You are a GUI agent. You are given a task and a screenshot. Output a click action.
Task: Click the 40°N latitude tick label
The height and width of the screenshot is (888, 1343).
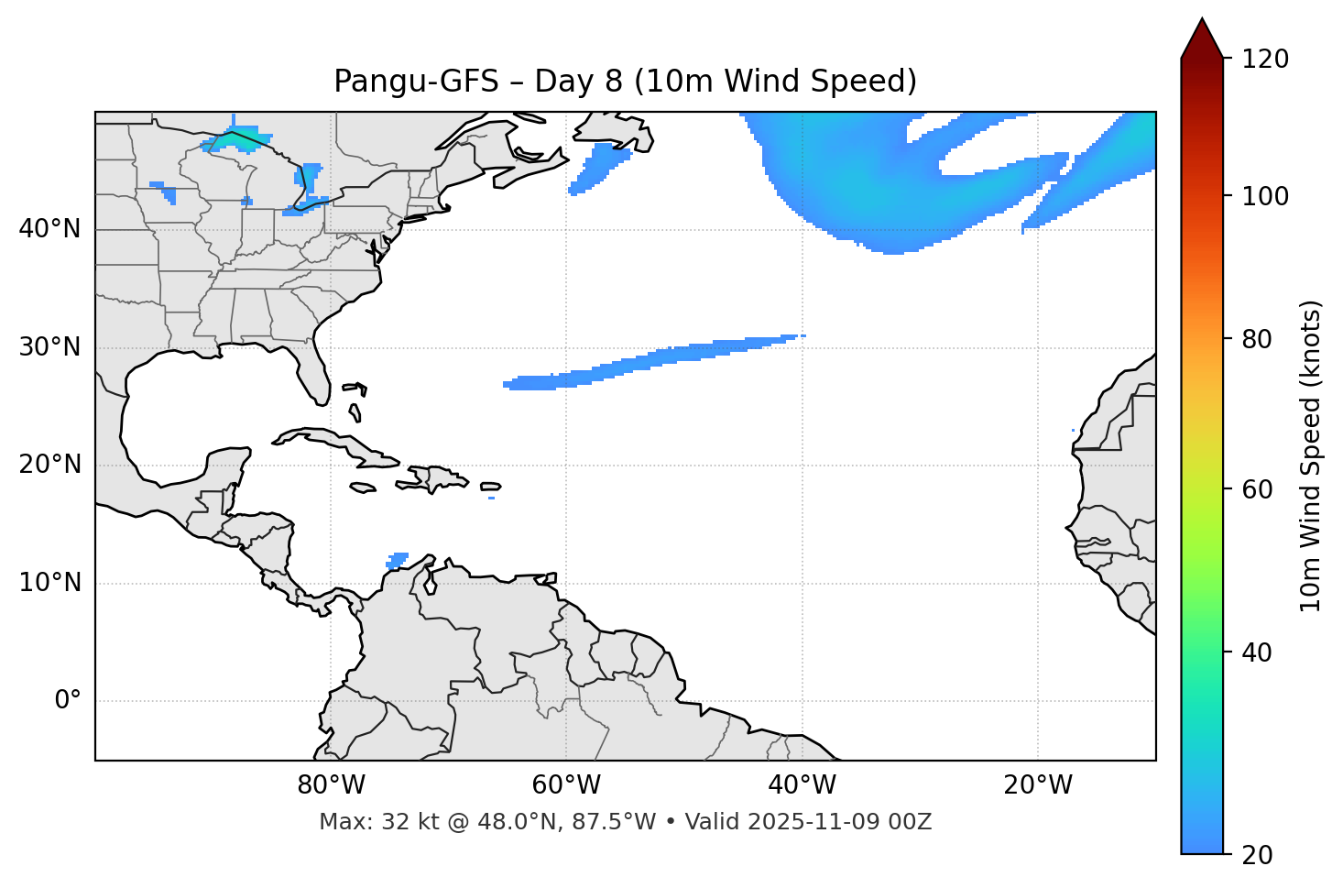coord(49,229)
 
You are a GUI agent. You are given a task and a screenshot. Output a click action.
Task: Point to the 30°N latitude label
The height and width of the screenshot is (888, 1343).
coord(49,347)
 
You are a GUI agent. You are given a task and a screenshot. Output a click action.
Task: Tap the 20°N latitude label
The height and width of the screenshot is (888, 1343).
coord(49,465)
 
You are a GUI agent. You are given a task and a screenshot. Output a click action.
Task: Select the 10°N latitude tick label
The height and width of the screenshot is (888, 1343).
coord(49,583)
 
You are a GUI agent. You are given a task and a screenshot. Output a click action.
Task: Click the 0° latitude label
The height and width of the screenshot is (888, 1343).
coord(67,701)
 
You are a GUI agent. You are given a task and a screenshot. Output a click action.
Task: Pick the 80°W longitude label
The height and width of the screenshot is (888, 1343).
coord(331,785)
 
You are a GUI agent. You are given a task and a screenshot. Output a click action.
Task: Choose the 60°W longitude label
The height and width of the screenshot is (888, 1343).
coord(566,785)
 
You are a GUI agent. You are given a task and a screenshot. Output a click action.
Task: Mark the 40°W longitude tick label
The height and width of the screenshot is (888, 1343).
coord(802,785)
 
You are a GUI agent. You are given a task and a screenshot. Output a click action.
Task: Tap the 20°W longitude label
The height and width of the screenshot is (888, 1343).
coord(1037,785)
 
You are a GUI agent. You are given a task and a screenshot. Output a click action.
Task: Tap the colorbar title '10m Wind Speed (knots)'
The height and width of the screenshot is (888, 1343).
coord(1311,456)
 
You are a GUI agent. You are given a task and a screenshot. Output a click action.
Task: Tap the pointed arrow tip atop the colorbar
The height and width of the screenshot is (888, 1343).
coord(1202,23)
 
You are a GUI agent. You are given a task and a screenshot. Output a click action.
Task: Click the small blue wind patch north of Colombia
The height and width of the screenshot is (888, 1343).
coord(398,559)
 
